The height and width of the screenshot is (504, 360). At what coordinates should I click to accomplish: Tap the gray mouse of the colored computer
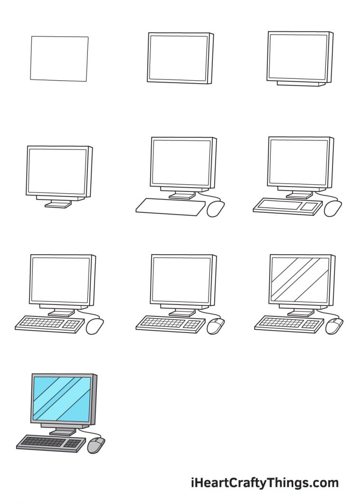[x=96, y=445]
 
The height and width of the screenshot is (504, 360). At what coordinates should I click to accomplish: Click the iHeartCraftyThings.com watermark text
[x=265, y=483]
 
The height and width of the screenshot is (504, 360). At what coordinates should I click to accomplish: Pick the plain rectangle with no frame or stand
[x=59, y=58]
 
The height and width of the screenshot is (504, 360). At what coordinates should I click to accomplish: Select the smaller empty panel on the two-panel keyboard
[x=309, y=207]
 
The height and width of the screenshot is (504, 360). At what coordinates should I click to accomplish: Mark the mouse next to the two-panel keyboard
[x=333, y=208]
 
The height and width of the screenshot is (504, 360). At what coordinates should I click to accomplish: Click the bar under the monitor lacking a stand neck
[x=298, y=83]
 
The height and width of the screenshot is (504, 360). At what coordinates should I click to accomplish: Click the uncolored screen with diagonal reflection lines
[x=299, y=279]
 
